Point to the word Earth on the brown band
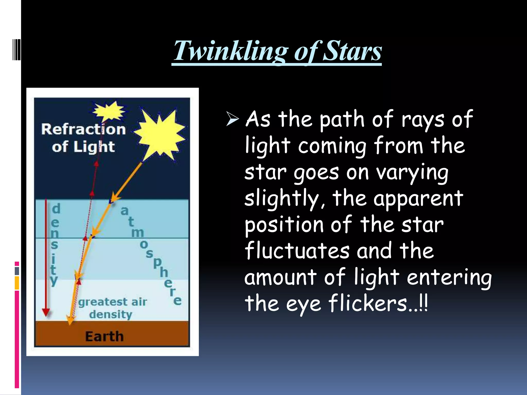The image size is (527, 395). (104, 336)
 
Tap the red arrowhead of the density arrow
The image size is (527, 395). (46, 312)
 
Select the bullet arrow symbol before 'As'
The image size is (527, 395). (232, 119)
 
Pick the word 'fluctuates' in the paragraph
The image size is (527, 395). (297, 251)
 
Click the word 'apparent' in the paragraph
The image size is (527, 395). (418, 199)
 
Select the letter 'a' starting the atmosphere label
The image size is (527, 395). (124, 211)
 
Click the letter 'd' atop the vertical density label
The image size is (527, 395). (56, 208)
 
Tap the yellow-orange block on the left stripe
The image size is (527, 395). (17, 283)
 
